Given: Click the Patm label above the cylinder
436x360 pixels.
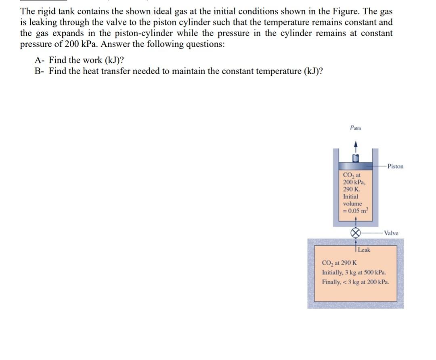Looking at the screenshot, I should [355, 128].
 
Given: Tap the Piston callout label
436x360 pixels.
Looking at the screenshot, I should [395, 166].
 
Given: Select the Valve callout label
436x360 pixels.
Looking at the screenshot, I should [391, 233].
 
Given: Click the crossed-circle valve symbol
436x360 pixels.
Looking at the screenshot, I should [355, 233].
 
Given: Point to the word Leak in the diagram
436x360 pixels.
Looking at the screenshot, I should [364, 249].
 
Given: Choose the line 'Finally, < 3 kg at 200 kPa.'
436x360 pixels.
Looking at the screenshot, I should [356, 282].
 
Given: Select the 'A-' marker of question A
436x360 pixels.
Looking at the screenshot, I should [40, 61].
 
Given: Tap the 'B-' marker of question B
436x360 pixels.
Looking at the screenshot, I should [40, 71].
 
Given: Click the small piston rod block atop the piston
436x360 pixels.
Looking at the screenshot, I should [355, 157].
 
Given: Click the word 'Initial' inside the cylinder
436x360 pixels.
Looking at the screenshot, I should [350, 197].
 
